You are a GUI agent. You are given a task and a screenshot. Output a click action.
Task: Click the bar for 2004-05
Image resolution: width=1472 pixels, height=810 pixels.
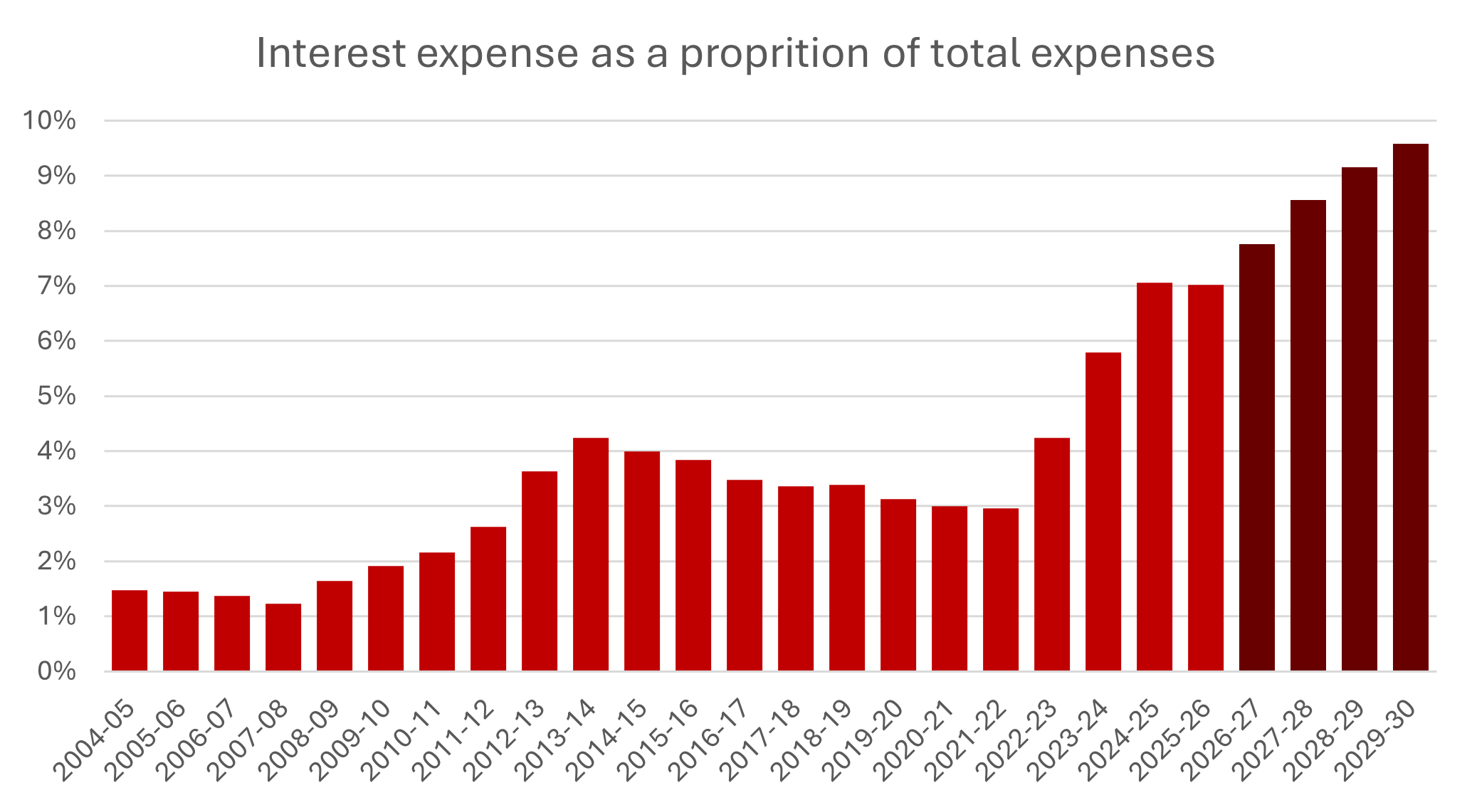(130, 631)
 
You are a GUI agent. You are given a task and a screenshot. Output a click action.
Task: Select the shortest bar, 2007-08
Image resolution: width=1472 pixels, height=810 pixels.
(283, 637)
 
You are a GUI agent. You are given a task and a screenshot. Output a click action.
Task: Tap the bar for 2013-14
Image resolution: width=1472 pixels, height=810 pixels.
(591, 554)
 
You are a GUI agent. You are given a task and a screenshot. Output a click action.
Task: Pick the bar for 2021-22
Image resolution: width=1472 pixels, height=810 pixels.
(1001, 589)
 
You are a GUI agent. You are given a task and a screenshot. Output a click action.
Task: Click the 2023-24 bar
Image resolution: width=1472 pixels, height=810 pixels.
(1103, 512)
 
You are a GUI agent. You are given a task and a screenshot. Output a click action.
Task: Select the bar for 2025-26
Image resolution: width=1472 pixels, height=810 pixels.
(1206, 478)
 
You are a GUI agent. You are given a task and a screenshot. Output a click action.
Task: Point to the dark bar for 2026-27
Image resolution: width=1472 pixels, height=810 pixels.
(1257, 458)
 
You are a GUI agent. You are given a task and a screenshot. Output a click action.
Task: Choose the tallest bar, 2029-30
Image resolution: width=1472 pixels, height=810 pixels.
(1411, 407)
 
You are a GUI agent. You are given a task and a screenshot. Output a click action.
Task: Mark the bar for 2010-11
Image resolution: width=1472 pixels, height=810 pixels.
(437, 611)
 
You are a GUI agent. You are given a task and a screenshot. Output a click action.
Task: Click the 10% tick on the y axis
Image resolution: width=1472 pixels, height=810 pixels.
(49, 120)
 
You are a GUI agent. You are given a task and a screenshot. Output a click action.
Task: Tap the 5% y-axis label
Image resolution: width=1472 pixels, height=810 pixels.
(56, 396)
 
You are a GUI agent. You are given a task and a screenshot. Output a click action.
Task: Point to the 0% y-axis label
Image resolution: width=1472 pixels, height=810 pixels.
(56, 671)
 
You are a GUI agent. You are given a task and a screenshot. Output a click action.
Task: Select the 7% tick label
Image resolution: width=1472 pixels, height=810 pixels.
(56, 286)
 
